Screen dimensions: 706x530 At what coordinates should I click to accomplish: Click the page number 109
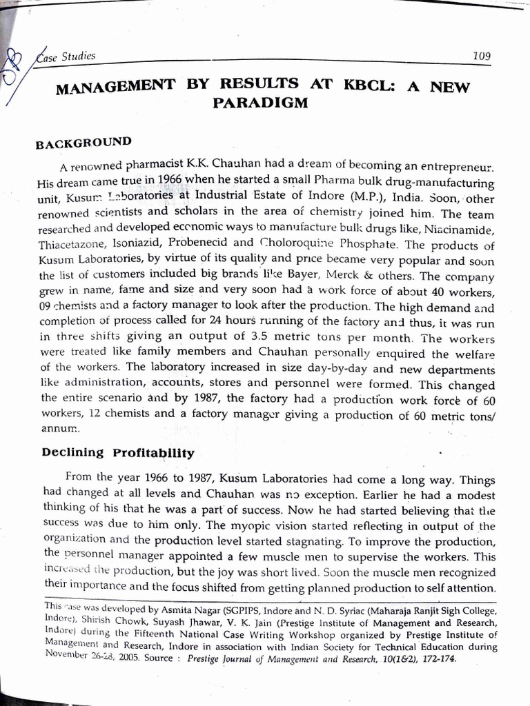coord(481,56)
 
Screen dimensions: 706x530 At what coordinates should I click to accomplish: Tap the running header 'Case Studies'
coord(66,57)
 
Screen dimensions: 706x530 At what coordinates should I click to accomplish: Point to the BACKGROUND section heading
coord(83,144)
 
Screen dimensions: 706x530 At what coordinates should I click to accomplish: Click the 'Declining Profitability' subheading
coord(118,453)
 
